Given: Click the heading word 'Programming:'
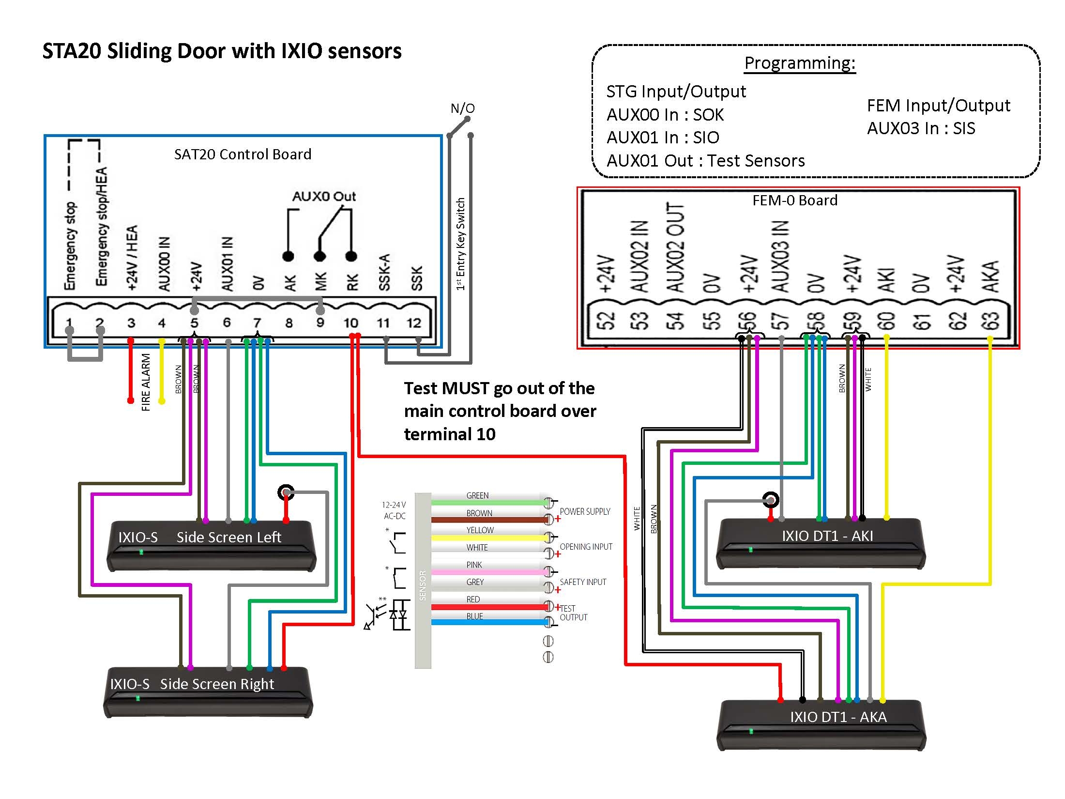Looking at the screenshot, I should coord(800,63).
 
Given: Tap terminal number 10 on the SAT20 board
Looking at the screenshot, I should coord(350,323).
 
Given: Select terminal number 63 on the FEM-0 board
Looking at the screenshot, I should coord(990,320).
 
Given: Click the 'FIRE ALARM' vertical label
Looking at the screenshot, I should coord(146,383).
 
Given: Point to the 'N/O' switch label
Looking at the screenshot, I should coord(462,108).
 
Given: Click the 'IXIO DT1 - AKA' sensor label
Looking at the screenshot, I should coord(838,717).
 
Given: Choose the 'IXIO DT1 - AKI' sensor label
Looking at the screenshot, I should coord(827,536).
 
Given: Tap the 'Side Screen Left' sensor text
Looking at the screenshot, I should coord(228,537).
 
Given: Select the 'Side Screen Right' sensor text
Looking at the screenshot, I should coord(217,684).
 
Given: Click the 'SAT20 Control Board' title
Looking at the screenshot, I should coord(243,154).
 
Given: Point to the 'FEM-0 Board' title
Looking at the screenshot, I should coord(794,200).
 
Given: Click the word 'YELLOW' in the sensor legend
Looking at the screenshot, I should coord(480,530).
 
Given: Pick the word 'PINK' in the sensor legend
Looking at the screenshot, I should coord(474,565).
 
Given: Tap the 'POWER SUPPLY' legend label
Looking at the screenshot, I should coord(585,511).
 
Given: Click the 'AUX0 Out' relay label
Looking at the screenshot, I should coord(324,196).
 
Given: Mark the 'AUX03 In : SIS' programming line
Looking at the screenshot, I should coord(921,128).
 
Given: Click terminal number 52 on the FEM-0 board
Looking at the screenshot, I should coord(606,320).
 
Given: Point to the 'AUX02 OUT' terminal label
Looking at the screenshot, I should coord(676,248).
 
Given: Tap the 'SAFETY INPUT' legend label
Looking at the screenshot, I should coord(583,582).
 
